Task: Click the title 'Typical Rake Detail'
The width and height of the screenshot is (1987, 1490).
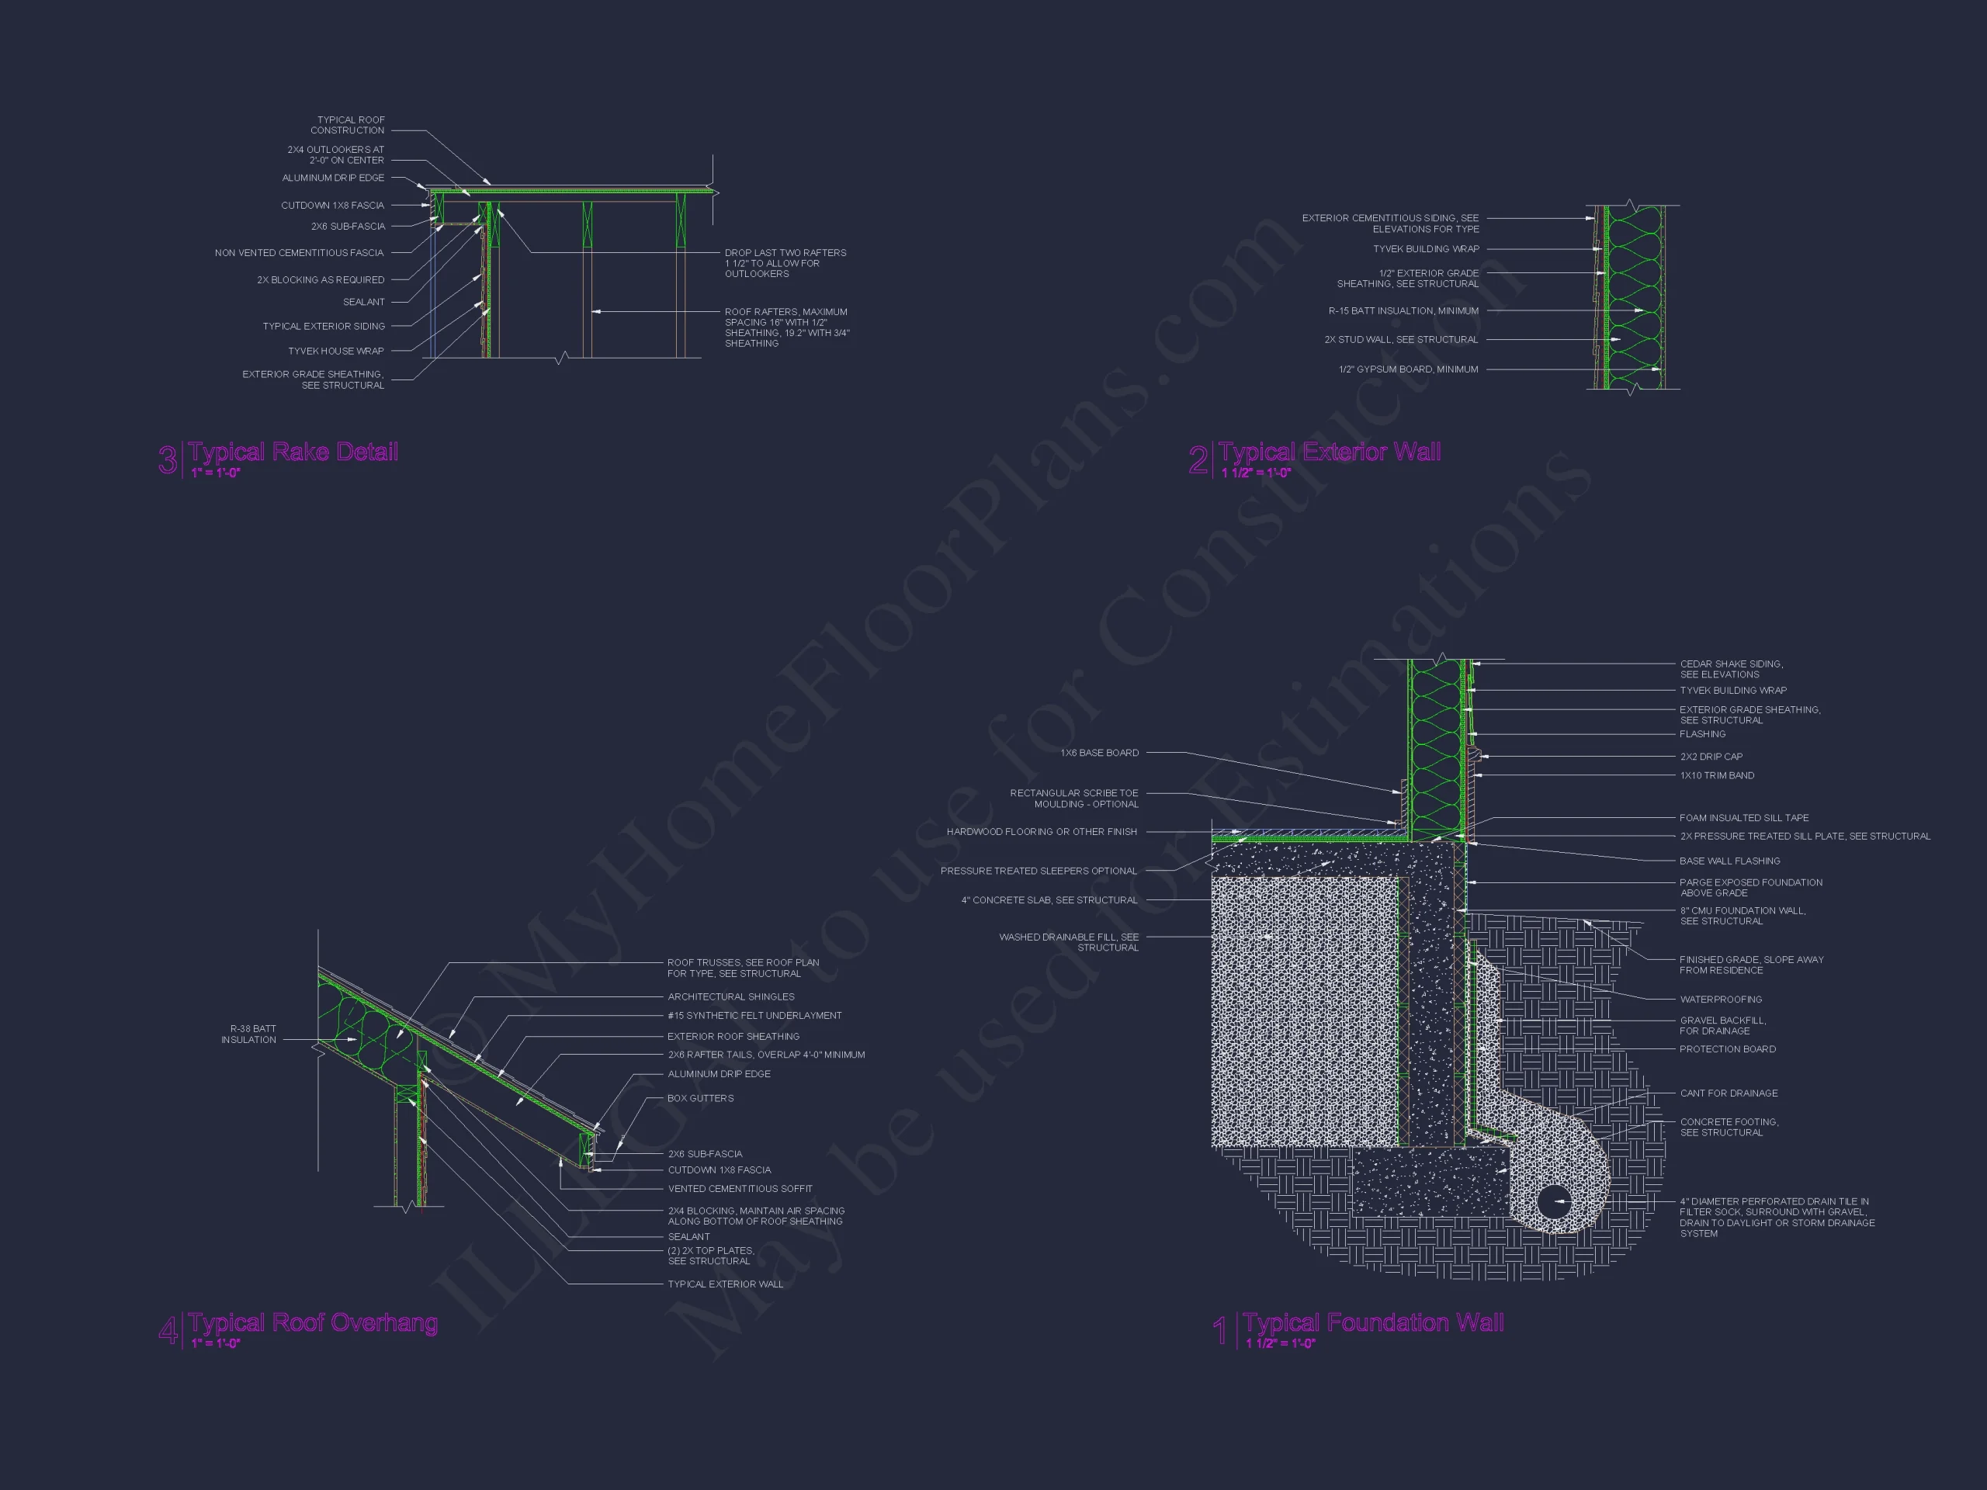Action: click(293, 452)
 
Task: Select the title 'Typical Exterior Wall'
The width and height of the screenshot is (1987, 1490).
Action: click(1330, 452)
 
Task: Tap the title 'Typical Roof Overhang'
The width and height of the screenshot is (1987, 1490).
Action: click(313, 1323)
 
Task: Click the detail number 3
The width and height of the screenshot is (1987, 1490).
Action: click(168, 460)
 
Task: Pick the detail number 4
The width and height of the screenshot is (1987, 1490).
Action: click(168, 1330)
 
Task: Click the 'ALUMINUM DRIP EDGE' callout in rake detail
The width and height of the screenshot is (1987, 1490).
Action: click(333, 178)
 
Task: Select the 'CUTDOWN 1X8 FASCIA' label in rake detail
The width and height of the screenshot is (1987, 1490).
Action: click(332, 206)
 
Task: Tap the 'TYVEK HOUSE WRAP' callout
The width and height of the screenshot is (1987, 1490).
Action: click(336, 352)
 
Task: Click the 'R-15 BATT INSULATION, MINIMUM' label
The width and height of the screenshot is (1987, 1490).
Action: click(1403, 310)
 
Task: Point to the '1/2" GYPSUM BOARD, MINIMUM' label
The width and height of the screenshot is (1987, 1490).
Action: click(1409, 369)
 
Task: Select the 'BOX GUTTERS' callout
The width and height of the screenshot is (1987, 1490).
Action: click(701, 1098)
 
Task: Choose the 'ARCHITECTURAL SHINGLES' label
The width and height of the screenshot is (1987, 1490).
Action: click(731, 997)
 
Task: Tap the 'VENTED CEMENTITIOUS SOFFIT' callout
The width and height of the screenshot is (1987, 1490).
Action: click(740, 1189)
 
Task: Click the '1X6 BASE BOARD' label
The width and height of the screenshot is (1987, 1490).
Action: click(1100, 753)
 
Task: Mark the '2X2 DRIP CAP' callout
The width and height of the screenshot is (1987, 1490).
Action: click(1711, 756)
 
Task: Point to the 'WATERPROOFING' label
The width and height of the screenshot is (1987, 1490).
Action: click(1721, 1000)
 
